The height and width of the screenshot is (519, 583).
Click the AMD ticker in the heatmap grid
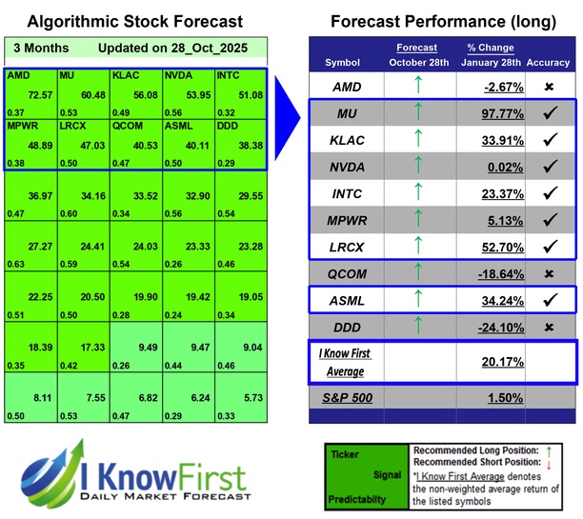18,74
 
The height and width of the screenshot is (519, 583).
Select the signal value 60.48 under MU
92,95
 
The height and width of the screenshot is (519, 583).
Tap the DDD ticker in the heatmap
229,125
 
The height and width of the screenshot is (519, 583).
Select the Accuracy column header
550,62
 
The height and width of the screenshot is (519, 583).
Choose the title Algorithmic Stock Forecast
134,22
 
